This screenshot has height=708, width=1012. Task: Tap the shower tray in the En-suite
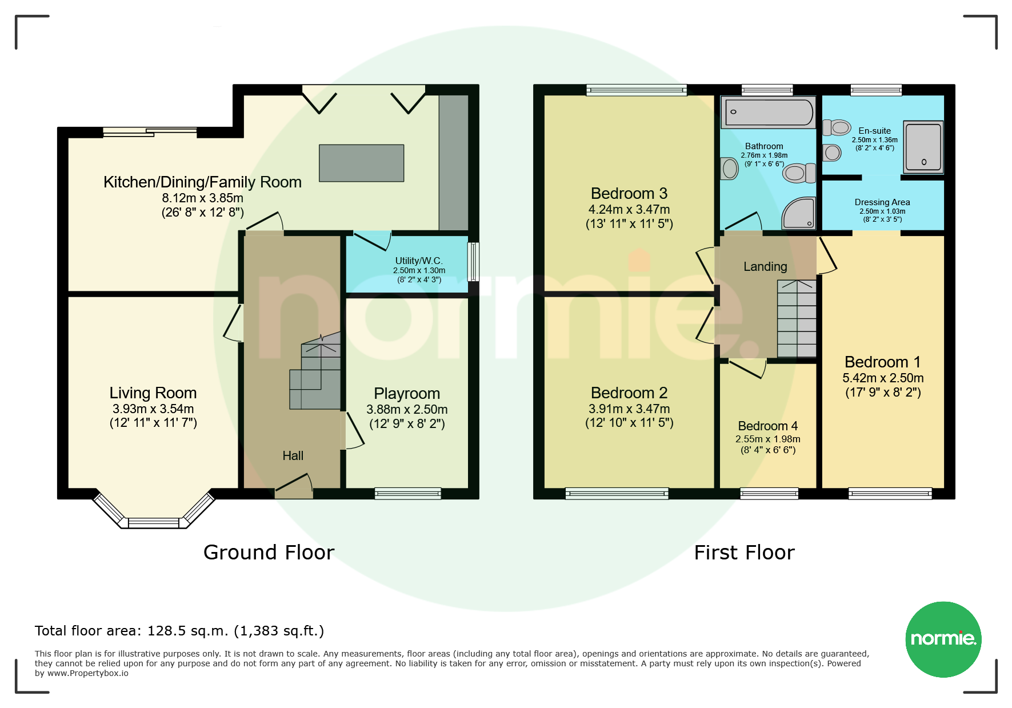pyautogui.click(x=923, y=147)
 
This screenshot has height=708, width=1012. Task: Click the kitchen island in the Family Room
pyautogui.click(x=361, y=163)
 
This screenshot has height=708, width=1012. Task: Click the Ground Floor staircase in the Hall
pyautogui.click(x=315, y=371)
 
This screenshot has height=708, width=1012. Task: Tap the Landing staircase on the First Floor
pyautogui.click(x=797, y=318)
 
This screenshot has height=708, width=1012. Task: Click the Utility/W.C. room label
pyautogui.click(x=419, y=261)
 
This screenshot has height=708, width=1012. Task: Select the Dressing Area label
pyautogui.click(x=882, y=202)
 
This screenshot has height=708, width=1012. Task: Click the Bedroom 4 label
pyautogui.click(x=767, y=426)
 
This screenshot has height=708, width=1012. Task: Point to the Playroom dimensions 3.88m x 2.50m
pyautogui.click(x=407, y=409)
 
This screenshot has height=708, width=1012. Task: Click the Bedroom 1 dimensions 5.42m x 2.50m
pyautogui.click(x=883, y=378)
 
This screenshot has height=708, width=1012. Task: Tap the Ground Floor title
pyautogui.click(x=269, y=553)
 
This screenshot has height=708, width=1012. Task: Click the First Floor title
pyautogui.click(x=744, y=553)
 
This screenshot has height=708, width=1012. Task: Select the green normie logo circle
pyautogui.click(x=943, y=639)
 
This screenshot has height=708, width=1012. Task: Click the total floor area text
pyautogui.click(x=179, y=631)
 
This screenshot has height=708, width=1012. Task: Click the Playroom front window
pyautogui.click(x=408, y=493)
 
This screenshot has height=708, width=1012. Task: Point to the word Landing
pyautogui.click(x=765, y=267)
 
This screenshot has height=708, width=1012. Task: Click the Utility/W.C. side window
pyautogui.click(x=473, y=262)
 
